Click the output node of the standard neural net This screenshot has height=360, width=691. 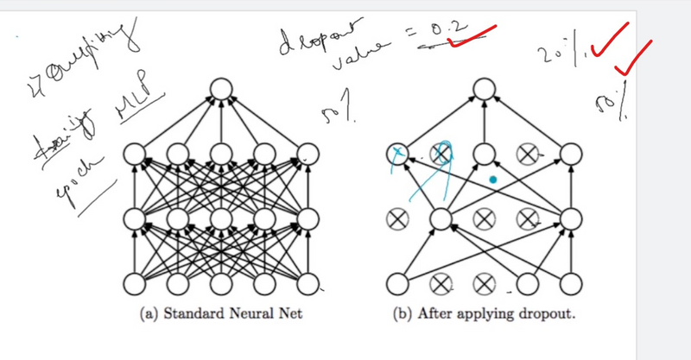221,89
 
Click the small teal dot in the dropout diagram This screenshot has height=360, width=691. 491,180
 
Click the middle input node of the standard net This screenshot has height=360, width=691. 221,282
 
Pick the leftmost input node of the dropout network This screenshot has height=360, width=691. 398,282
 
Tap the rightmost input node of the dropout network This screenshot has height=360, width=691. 570,282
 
